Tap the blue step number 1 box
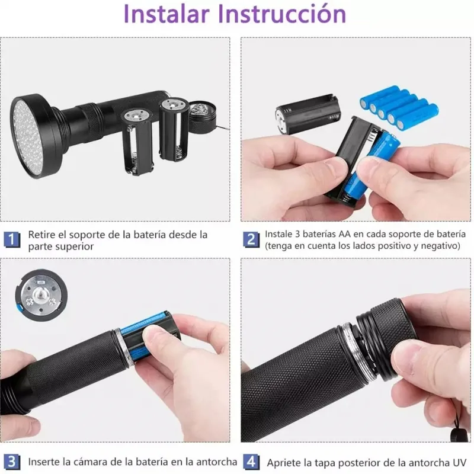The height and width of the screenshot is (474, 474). (x=12, y=239)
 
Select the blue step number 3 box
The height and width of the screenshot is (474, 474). (x=12, y=461)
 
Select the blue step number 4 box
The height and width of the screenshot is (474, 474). (x=251, y=461)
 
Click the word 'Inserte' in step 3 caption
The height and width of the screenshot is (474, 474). (x=46, y=461)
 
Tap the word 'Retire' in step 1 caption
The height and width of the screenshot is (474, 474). (x=43, y=234)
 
